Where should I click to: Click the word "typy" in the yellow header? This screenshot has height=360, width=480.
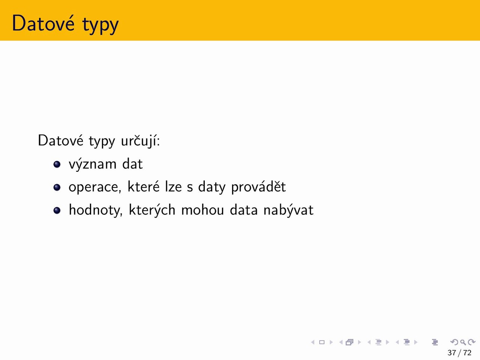[x=100, y=25]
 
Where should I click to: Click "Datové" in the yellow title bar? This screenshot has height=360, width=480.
[x=43, y=23]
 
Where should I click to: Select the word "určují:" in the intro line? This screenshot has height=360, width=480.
[x=140, y=140]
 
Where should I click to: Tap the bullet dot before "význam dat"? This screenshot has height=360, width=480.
[x=57, y=164]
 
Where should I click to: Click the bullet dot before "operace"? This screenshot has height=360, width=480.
[x=57, y=187]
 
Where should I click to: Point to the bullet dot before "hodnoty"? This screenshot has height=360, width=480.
[x=57, y=210]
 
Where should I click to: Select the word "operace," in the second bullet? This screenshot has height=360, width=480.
[x=95, y=188]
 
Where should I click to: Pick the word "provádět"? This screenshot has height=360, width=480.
[x=258, y=186]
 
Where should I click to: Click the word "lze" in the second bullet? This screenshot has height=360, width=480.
[x=173, y=186]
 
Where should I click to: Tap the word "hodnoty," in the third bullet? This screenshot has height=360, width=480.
[x=96, y=210]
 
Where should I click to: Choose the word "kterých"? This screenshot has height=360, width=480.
[x=152, y=210]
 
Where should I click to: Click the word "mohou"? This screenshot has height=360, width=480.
[x=202, y=210]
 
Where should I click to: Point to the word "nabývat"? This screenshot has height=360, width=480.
[x=288, y=210]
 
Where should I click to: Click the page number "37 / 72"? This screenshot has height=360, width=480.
[x=459, y=352]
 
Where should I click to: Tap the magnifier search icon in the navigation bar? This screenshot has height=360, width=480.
[x=463, y=342]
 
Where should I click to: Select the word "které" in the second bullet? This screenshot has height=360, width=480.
[x=144, y=186]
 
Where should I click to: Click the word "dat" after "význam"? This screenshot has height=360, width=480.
[x=132, y=163]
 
